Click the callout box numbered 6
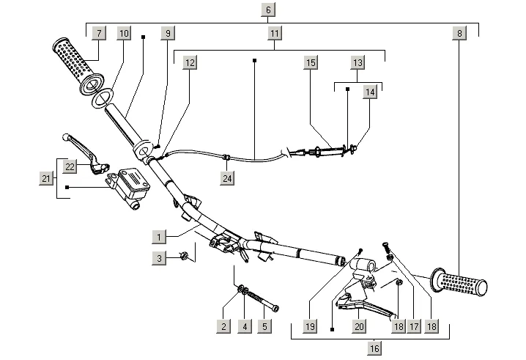pos(268,10)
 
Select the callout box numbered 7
pos(99,33)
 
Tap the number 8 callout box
pos(459,33)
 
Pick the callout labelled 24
pos(227,178)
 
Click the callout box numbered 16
pos(374,348)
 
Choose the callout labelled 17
pos(414,326)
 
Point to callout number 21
pos(46,178)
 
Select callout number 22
pos(70,166)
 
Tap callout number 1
pos(159,237)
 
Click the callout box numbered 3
pos(159,258)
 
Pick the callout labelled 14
pos(370,92)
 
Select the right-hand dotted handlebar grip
pos(459,283)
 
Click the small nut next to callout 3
pos(183,256)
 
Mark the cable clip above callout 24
pos(226,156)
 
